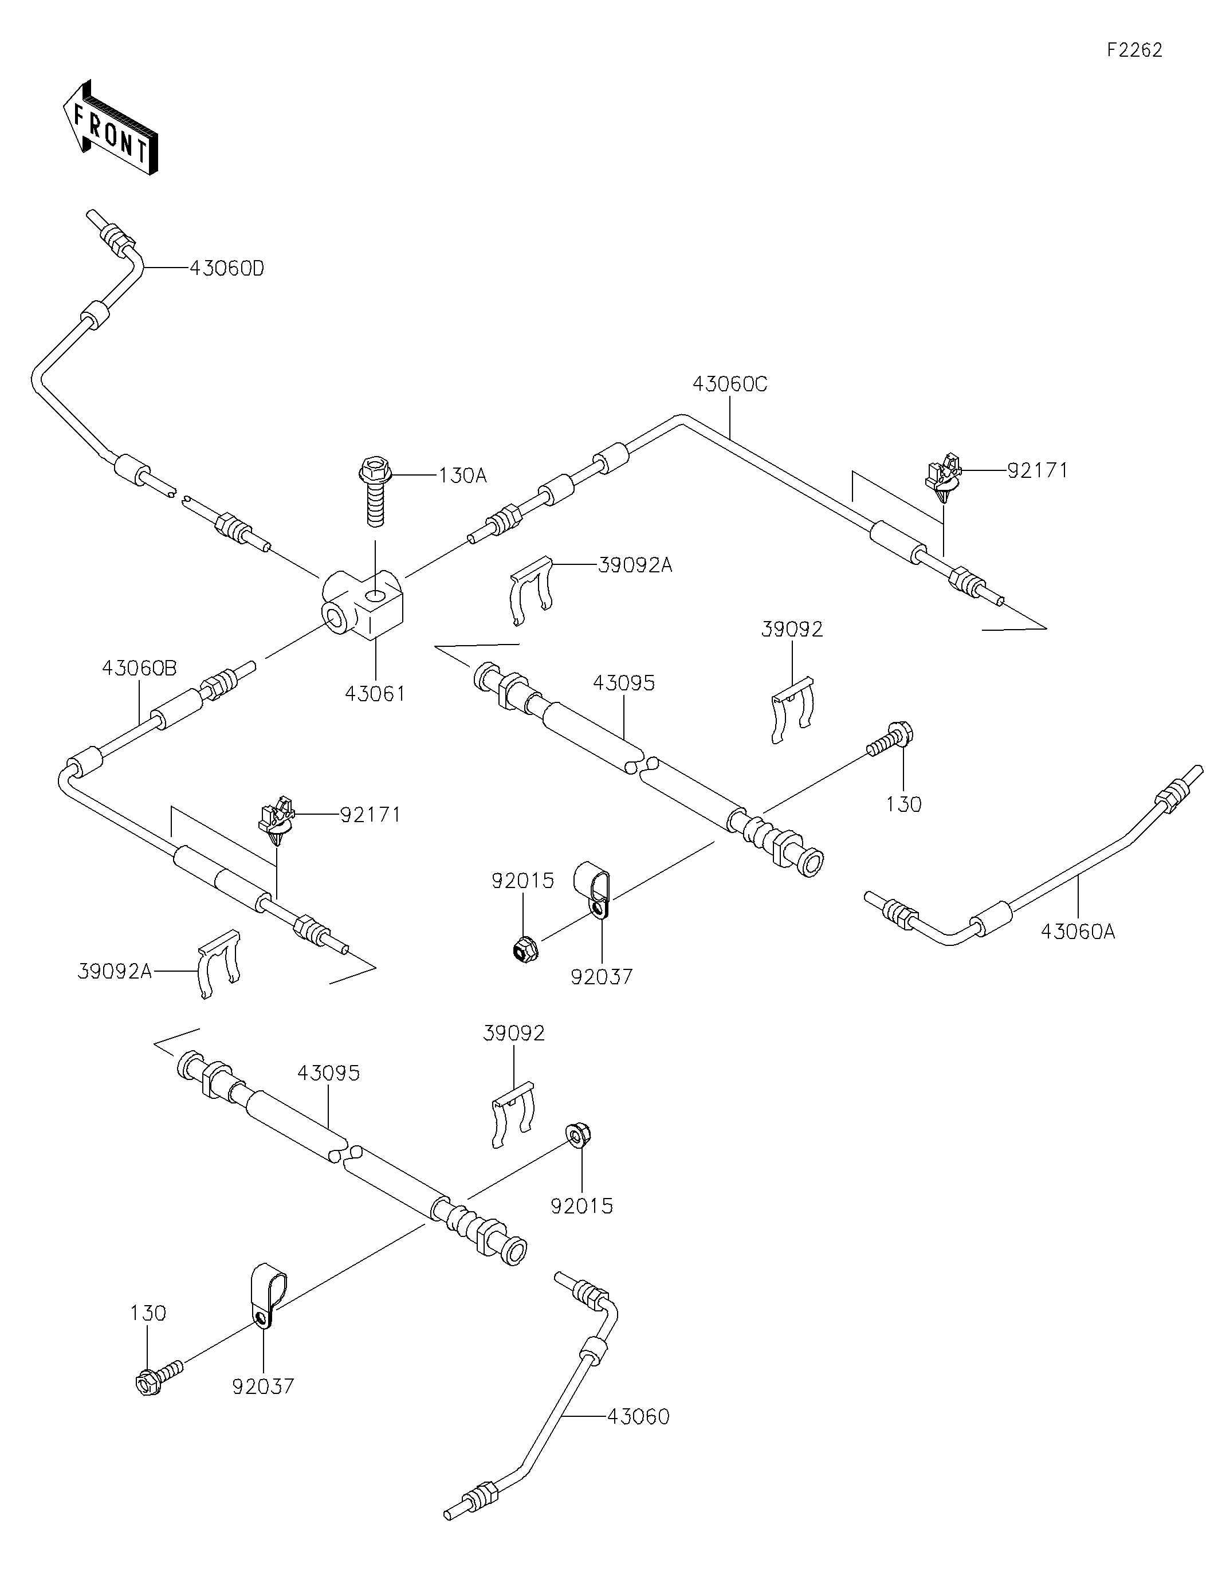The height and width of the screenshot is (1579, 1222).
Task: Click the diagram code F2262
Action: click(1134, 50)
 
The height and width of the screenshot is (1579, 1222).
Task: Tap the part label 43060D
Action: click(226, 268)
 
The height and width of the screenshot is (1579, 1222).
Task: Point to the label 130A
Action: click(462, 476)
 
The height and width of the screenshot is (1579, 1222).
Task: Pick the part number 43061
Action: click(375, 693)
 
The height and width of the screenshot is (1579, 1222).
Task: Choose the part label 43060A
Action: click(1078, 932)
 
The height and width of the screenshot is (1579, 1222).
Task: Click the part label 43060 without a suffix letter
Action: click(638, 1416)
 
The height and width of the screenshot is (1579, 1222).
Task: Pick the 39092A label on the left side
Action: click(114, 972)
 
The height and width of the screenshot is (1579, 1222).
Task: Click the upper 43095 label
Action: click(623, 682)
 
